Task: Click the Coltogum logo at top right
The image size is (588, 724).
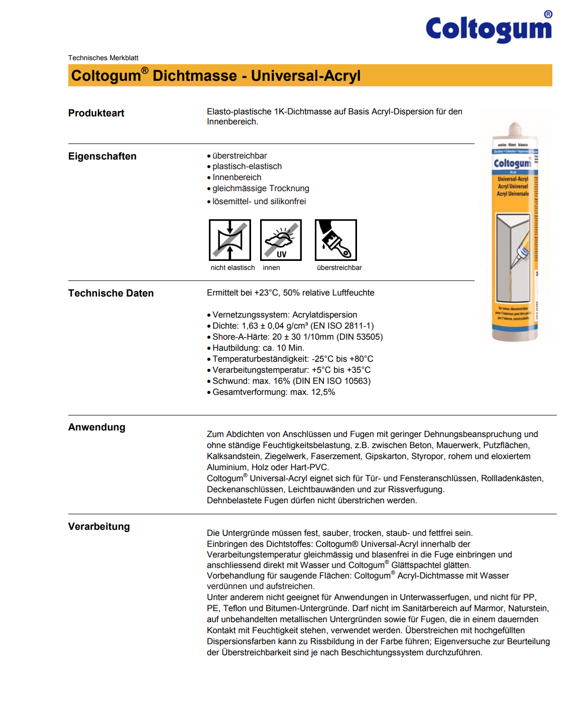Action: [489, 29]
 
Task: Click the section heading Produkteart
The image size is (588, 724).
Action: [96, 113]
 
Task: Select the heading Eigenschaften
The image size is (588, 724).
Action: [102, 157]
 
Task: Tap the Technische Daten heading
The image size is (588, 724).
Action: [111, 294]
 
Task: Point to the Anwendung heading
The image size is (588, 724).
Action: [97, 427]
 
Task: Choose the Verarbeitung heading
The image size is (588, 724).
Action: [99, 527]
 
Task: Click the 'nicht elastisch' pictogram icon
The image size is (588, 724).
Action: [230, 240]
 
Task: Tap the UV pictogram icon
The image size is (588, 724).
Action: [281, 240]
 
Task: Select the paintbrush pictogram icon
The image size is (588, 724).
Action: [335, 240]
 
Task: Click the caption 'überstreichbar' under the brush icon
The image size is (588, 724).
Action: [339, 268]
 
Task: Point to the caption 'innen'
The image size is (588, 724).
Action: [271, 268]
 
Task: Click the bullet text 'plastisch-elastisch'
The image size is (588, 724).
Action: [247, 167]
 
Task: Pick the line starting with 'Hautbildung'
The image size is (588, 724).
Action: [258, 348]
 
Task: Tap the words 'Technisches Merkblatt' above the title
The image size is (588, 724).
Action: [103, 58]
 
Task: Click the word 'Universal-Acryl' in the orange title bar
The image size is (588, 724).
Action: [306, 76]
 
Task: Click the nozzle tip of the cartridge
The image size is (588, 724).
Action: [515, 126]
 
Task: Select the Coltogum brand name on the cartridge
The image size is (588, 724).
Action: [512, 164]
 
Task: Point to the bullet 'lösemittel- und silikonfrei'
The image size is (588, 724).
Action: [259, 202]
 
